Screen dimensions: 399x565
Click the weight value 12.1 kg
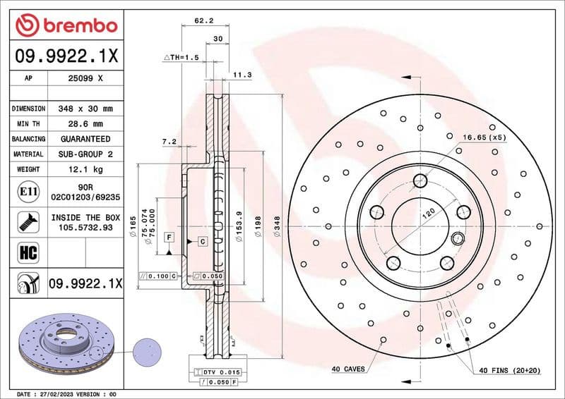[x=85, y=169]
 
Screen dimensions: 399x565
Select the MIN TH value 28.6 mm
[x=85, y=124]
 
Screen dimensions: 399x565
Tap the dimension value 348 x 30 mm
[x=85, y=109]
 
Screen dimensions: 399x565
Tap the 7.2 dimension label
[x=169, y=142]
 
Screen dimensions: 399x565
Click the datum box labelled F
[x=169, y=237]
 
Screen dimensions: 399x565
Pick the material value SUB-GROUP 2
[x=85, y=154]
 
